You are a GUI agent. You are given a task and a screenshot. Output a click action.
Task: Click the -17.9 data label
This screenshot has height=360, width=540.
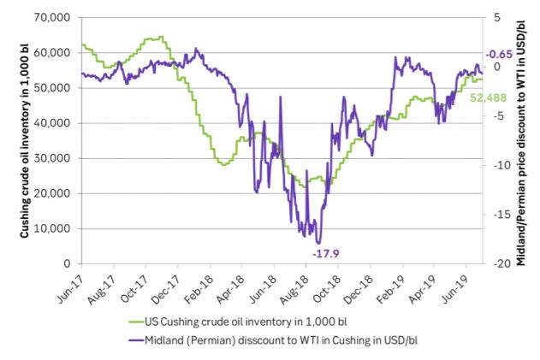pos(325,254)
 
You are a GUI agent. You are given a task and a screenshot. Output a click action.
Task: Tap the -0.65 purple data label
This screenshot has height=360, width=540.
pos(499,55)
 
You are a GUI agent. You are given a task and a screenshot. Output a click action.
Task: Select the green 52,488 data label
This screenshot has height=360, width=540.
pos(489,98)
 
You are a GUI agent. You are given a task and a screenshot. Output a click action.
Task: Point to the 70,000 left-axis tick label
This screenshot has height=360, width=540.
pos(52,17)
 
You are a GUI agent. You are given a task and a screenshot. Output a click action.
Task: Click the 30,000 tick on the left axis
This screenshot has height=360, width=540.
pos(52,158)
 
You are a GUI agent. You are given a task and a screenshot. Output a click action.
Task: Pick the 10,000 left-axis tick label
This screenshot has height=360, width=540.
pos(52,228)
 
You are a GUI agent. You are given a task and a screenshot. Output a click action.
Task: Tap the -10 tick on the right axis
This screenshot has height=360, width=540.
pos(501,165)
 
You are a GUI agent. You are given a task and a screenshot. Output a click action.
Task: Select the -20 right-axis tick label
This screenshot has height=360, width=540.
pos(501,263)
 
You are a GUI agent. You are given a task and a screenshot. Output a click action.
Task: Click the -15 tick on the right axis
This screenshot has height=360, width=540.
pos(501,215)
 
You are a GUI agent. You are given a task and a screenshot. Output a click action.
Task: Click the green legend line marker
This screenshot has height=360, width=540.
pos(136,322)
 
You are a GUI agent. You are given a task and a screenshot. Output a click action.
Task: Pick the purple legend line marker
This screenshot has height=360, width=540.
pos(136,340)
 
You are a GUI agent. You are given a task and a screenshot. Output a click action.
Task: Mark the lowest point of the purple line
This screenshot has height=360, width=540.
pos(318,244)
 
